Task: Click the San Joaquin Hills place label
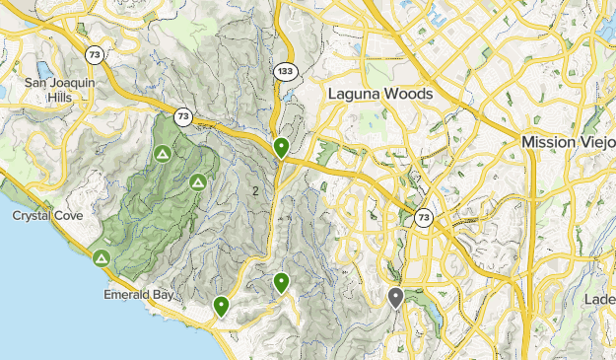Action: point(59,90)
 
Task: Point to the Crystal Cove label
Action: point(46,215)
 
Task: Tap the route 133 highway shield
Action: point(284,71)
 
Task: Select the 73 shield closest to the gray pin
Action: point(423,218)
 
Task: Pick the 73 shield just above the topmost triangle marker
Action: point(183,116)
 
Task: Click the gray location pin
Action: point(395,296)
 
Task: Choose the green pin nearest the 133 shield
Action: point(281,148)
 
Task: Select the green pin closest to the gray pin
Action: point(281,283)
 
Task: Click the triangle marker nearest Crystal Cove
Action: point(101,258)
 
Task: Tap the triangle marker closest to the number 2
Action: point(198,181)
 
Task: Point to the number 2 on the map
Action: point(256,190)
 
